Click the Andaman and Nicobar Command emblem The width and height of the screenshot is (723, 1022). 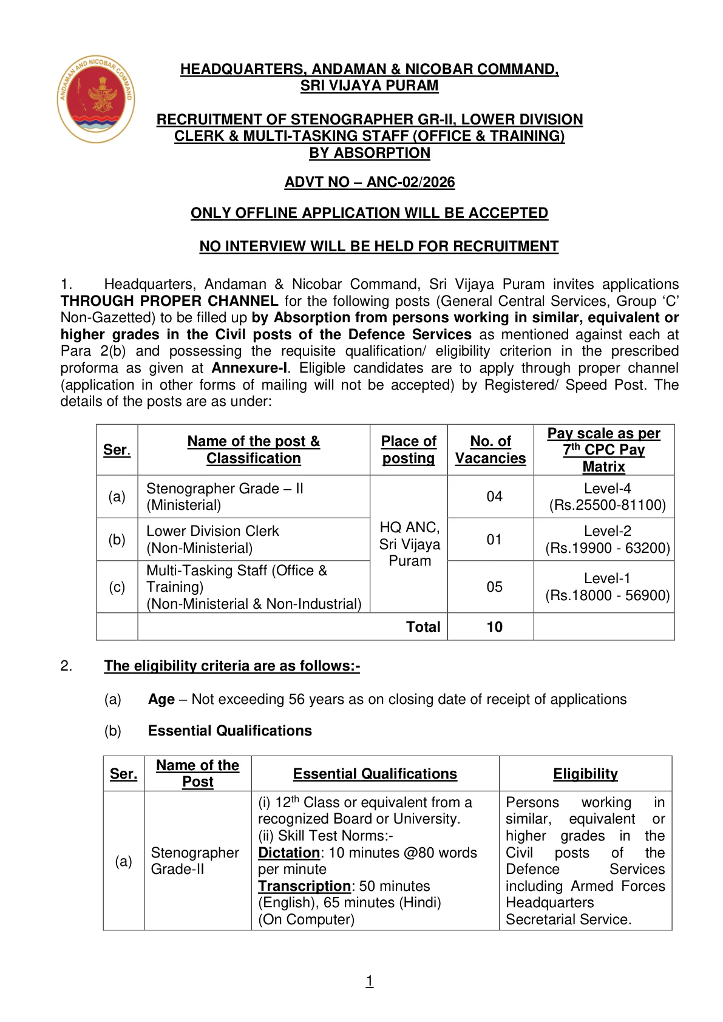[x=96, y=99]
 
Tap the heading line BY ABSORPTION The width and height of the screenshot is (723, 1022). [x=369, y=153]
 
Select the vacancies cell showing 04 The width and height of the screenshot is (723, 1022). [x=494, y=496]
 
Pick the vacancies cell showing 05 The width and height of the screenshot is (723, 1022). [x=494, y=587]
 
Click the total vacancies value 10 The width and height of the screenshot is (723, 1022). [x=494, y=627]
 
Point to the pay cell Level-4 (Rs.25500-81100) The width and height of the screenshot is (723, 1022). [x=607, y=496]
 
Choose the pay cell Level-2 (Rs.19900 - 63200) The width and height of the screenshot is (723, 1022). [x=607, y=540]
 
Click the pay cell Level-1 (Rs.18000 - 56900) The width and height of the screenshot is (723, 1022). [x=607, y=587]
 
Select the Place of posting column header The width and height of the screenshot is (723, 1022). [x=409, y=450]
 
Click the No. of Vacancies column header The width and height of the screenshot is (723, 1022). [x=490, y=450]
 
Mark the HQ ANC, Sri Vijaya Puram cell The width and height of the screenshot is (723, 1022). [x=409, y=544]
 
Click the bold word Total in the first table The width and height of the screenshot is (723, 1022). [x=423, y=627]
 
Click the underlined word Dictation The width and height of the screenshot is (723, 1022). [x=289, y=853]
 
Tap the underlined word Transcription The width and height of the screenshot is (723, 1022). [x=304, y=886]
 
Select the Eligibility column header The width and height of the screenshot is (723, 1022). [x=585, y=774]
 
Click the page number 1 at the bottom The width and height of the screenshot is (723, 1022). [x=369, y=981]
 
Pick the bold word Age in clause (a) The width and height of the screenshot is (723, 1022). [x=161, y=699]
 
